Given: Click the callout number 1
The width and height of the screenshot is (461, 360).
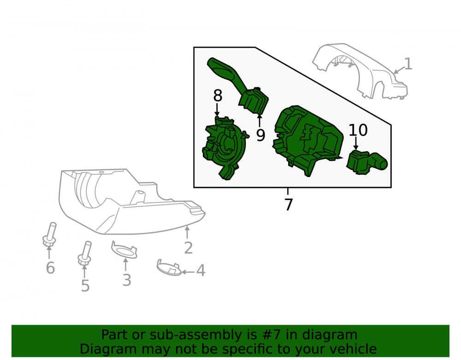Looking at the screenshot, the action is [408, 64].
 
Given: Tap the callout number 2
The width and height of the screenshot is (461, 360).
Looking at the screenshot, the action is [188, 248].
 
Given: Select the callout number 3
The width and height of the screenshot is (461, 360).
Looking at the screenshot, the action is [127, 280].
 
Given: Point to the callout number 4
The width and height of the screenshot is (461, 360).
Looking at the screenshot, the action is [201, 271].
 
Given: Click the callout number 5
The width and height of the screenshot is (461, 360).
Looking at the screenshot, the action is [85, 286].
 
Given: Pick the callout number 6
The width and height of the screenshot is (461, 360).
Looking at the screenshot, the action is [50, 268].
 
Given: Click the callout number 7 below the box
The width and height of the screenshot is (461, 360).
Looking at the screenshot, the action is [289, 205].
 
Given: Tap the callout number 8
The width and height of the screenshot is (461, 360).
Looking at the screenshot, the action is [218, 95].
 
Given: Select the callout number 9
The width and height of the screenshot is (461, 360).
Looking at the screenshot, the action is [260, 135].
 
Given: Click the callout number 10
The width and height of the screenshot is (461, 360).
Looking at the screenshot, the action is [358, 130].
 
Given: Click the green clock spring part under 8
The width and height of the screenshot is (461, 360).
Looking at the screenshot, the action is [224, 147].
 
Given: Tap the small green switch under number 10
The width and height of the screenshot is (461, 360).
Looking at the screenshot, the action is [366, 162].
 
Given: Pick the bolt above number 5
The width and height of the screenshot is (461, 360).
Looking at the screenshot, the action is [85, 253].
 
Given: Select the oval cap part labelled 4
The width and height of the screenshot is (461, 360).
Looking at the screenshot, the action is [169, 268].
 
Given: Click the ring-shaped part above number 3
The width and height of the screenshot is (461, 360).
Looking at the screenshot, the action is [124, 250].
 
